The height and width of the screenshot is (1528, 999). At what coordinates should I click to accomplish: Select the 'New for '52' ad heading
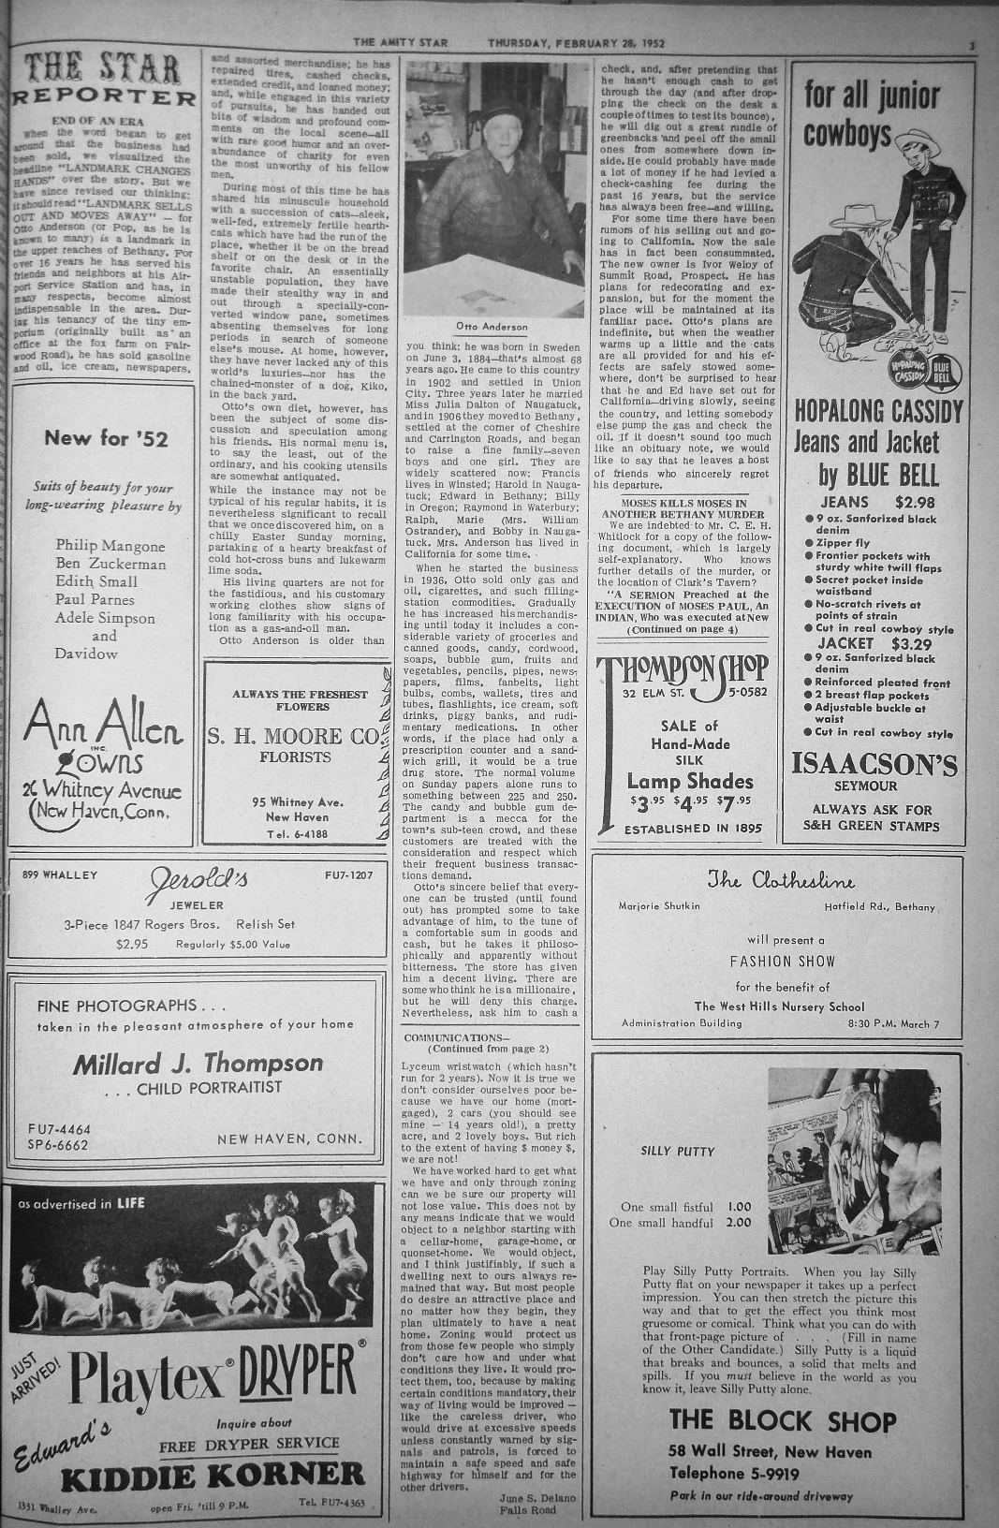tap(106, 438)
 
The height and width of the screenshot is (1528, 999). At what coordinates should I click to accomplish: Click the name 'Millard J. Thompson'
tap(198, 1063)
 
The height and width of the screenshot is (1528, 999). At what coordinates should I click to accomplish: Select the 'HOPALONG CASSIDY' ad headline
tap(878, 411)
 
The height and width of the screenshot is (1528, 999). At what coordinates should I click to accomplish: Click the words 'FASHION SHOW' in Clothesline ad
tap(783, 961)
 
